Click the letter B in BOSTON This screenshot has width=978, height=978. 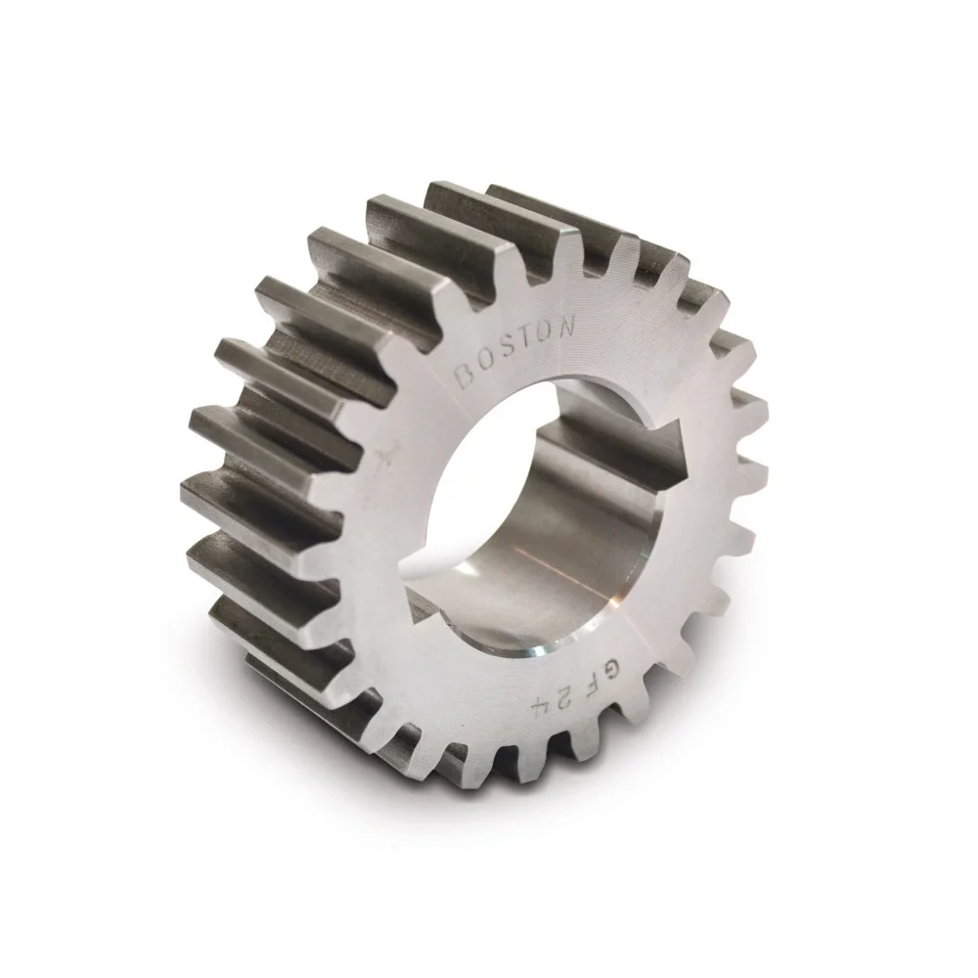tap(468, 374)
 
